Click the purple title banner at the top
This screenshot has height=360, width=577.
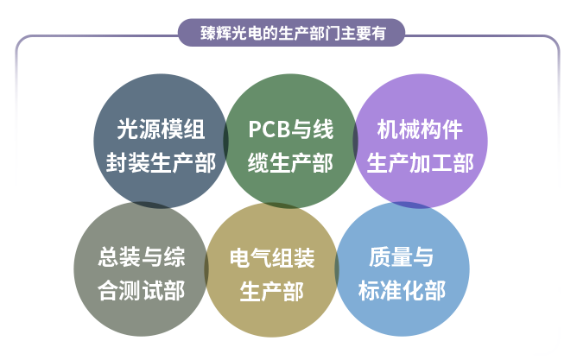tap(291, 33)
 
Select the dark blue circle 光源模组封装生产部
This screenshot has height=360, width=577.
tap(161, 141)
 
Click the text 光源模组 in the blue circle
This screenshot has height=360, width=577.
tap(161, 129)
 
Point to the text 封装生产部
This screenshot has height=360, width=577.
tap(161, 163)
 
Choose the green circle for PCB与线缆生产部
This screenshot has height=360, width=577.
tap(290, 141)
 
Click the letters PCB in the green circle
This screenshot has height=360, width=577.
tap(269, 129)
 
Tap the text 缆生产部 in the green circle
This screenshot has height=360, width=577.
tap(290, 163)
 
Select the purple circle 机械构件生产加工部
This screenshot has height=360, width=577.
tap(421, 141)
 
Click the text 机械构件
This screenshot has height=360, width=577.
tap(420, 129)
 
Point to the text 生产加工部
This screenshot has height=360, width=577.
tap(420, 163)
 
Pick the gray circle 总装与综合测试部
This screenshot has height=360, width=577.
tap(142, 268)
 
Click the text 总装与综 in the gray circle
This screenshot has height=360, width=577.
tap(142, 257)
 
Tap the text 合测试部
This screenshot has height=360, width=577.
tap(142, 290)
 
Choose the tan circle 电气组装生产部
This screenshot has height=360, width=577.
tap(272, 269)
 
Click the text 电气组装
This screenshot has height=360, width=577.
tap(272, 258)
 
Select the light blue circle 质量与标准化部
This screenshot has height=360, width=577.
tap(403, 268)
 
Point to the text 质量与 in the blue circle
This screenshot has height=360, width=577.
tap(401, 256)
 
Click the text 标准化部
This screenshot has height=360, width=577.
tap(402, 290)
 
